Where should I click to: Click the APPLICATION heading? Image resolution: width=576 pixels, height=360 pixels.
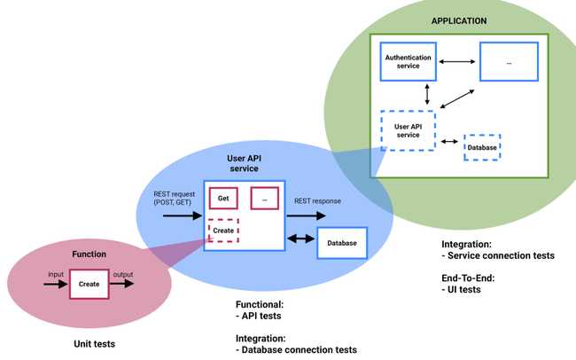click(x=458, y=20)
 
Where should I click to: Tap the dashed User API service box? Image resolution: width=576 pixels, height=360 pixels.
click(x=407, y=130)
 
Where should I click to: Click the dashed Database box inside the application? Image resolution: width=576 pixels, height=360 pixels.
click(x=482, y=147)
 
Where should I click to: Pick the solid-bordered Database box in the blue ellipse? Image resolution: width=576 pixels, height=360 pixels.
click(x=341, y=243)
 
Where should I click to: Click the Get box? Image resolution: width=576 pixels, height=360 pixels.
click(x=223, y=199)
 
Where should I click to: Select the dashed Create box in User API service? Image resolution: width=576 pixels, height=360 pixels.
click(x=223, y=230)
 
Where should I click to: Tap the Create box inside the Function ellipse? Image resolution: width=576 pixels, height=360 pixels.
click(x=89, y=285)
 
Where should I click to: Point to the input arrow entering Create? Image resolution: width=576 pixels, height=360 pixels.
click(x=55, y=286)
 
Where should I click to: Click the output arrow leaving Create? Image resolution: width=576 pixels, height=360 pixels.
click(x=122, y=286)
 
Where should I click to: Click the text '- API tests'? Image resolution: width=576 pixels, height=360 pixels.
click(x=261, y=316)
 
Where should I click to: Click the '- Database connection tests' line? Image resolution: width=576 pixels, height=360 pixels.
click(x=296, y=350)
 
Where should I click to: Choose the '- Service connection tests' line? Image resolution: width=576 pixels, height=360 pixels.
click(x=497, y=255)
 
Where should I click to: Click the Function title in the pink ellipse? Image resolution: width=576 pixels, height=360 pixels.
click(x=89, y=254)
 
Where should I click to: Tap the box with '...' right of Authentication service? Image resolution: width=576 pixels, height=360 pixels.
click(x=509, y=62)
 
